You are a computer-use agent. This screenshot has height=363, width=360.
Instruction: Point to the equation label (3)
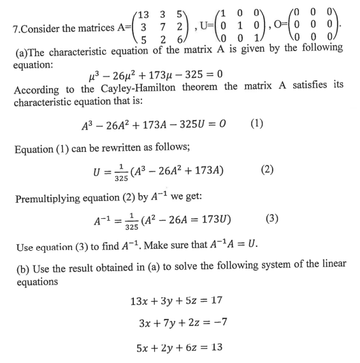[272, 218]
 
